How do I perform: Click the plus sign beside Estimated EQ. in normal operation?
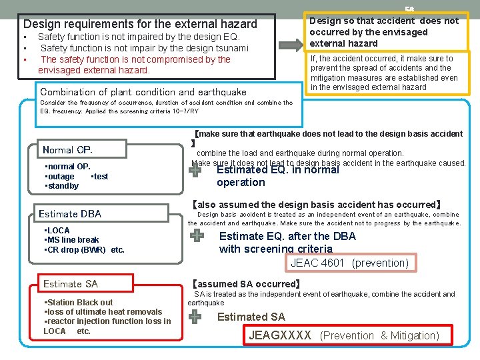click(x=195, y=171)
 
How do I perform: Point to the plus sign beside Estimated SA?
click(x=195, y=317)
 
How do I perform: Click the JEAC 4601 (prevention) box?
click(x=349, y=263)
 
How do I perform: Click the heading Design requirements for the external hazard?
click(x=140, y=24)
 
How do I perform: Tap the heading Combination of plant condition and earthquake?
click(x=143, y=92)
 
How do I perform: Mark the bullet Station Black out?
click(x=79, y=302)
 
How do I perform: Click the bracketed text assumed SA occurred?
click(x=246, y=284)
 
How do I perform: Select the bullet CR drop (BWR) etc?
click(x=85, y=250)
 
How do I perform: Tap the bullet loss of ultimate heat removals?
click(x=103, y=311)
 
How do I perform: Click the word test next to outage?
click(x=99, y=177)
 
